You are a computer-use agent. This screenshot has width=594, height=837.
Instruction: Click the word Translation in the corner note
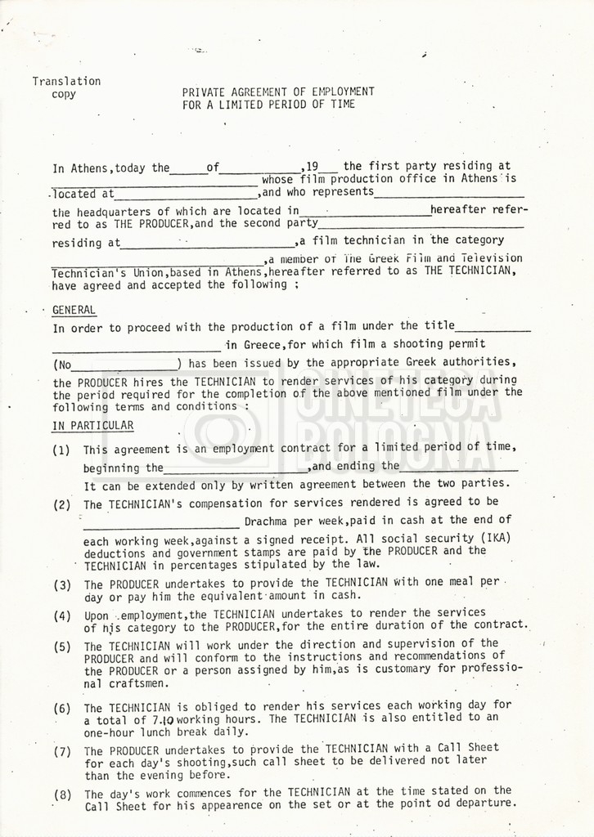[66, 81]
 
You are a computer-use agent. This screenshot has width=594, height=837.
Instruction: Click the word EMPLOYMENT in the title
[341, 92]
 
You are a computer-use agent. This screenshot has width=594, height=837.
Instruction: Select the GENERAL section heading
[74, 311]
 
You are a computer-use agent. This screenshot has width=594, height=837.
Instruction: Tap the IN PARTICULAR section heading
[92, 425]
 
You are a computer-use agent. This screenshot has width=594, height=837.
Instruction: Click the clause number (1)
[61, 450]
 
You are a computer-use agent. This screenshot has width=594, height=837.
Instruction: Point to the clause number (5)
[61, 646]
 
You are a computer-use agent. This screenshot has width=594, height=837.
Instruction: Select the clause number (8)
[61, 794]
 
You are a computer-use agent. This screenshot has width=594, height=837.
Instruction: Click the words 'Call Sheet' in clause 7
[470, 748]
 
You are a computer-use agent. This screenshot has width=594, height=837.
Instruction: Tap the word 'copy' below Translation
[63, 94]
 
